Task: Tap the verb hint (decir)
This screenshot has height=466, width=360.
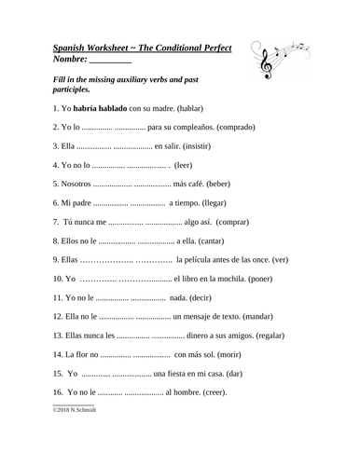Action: tap(208, 297)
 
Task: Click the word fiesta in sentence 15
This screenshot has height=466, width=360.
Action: tap(183, 375)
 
